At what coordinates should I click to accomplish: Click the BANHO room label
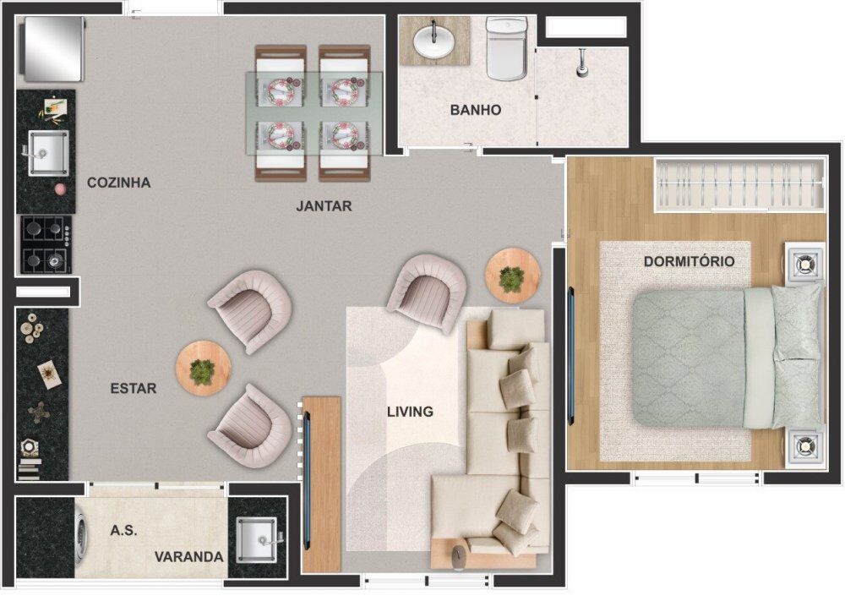click(x=476, y=110)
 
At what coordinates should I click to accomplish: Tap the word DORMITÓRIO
click(x=689, y=261)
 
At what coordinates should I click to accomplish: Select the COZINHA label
click(x=119, y=182)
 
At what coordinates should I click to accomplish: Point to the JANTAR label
click(x=324, y=205)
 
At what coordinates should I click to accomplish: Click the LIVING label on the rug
click(x=410, y=412)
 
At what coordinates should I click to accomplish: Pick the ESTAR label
click(x=134, y=388)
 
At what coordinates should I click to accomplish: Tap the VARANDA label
click(x=189, y=557)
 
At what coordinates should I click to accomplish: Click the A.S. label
click(x=123, y=531)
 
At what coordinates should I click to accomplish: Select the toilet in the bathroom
click(x=507, y=51)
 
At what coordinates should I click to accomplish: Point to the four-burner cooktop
click(x=46, y=243)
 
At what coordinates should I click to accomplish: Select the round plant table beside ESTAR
click(x=203, y=368)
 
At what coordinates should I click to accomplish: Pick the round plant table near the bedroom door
click(x=512, y=276)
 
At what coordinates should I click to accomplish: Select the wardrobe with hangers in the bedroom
click(x=739, y=184)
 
